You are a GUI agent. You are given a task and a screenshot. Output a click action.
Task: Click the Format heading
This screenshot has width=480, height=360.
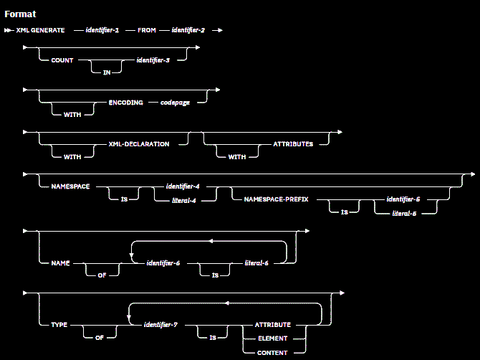tap(20, 14)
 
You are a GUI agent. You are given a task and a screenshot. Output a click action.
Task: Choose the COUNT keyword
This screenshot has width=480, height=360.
tap(62, 60)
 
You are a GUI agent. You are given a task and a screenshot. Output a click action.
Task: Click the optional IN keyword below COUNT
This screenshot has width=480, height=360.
tap(105, 73)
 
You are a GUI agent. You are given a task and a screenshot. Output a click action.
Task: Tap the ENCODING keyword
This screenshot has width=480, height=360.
tap(124, 102)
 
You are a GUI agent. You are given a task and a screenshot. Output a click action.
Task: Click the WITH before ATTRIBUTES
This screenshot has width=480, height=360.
tap(237, 157)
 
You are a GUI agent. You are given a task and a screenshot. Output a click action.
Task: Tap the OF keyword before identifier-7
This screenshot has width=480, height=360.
tap(100, 336)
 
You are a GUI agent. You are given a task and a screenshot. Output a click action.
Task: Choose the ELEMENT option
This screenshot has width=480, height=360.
tap(273, 338)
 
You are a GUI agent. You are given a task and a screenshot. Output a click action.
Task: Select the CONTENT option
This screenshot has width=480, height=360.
tap(273, 352)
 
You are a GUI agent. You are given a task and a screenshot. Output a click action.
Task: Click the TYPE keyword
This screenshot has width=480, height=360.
tap(59, 324)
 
